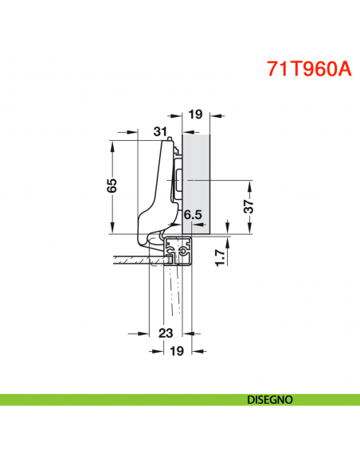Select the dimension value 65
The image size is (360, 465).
click(x=112, y=186)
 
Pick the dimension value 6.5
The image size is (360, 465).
click(x=192, y=215)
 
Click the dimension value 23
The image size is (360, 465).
click(x=166, y=333)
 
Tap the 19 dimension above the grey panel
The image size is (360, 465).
click(x=194, y=115)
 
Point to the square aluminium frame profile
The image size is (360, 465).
click(x=181, y=251)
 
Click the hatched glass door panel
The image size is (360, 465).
click(x=135, y=259)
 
